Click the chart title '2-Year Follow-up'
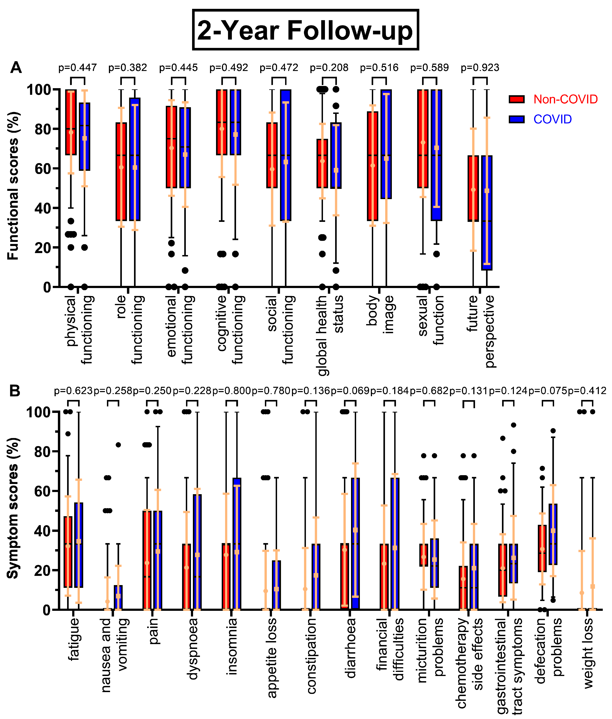click(305, 30)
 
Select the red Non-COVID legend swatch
click(516, 99)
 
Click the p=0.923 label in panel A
click(480, 68)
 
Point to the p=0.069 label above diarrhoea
click(350, 391)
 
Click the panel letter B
click(15, 391)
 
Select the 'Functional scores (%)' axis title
click(13, 186)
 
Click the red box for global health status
click(322, 163)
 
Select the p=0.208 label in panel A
click(329, 68)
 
